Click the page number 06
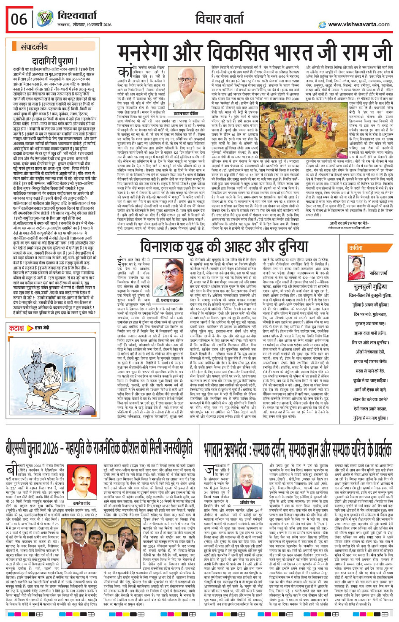pyautogui.click(x=19, y=19)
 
